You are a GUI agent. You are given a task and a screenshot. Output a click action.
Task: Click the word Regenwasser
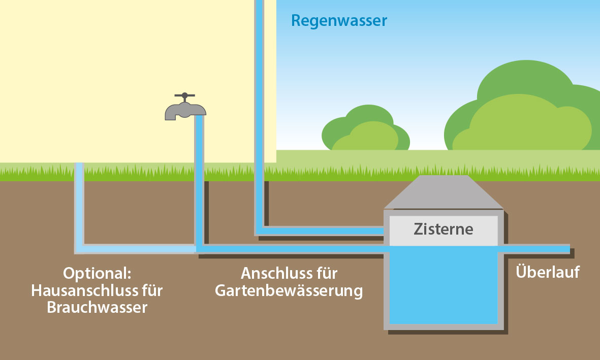pos(339,21)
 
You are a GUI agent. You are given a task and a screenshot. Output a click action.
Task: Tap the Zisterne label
pos(443,229)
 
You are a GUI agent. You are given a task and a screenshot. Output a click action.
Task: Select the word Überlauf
pos(548,272)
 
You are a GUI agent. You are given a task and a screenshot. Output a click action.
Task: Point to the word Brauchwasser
pos(97,307)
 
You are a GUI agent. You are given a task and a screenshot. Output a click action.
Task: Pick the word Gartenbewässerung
pos(289,291)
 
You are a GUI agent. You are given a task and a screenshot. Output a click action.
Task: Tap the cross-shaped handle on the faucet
pos(184,96)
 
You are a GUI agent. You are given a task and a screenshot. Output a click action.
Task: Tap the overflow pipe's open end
pos(568,249)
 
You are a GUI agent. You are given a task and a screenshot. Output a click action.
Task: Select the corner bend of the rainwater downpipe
pos(260,231)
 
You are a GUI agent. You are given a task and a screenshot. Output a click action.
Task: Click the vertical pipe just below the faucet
pos(199,152)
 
